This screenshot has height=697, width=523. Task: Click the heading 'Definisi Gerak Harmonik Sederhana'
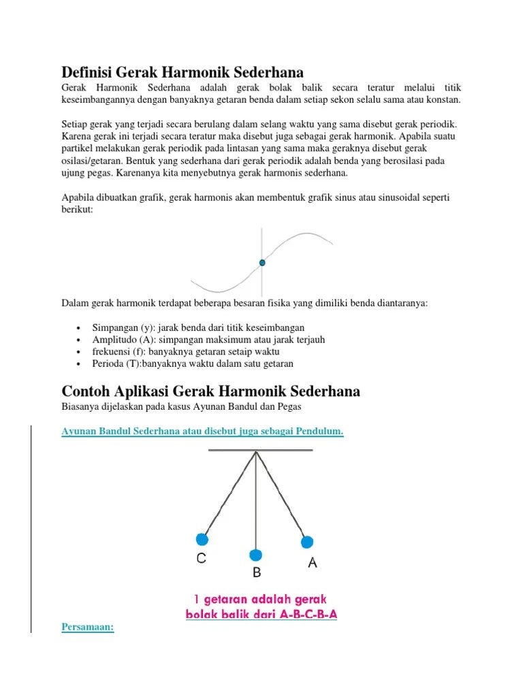coord(183,72)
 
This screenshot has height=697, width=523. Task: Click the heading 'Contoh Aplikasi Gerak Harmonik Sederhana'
coord(210,391)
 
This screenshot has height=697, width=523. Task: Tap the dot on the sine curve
coord(262,262)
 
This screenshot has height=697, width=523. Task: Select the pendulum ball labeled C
coord(202,540)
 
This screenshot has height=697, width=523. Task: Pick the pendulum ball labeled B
coord(255,555)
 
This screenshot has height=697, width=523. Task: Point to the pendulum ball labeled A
coord(307,542)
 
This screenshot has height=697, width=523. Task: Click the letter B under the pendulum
coord(257,573)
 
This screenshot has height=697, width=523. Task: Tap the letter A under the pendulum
coord(313,563)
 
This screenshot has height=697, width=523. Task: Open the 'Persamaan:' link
coord(88,628)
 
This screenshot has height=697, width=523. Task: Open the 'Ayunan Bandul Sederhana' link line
coord(202,432)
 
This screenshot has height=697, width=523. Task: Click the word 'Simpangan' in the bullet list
coord(114,327)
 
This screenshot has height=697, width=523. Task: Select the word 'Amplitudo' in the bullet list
coord(114,340)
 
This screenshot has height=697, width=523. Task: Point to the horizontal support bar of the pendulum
coord(260,450)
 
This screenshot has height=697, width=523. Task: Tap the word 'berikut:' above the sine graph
coord(78,210)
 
